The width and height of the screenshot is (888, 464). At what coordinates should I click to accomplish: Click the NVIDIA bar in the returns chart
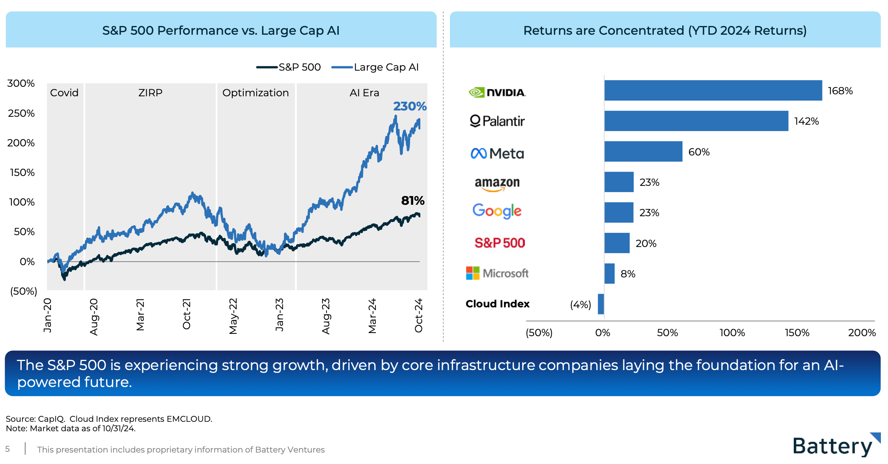(x=713, y=90)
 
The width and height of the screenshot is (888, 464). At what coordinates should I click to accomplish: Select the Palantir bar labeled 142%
(x=696, y=121)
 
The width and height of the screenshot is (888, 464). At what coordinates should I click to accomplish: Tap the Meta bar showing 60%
(x=643, y=152)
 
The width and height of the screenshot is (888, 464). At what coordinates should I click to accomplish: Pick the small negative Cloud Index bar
(x=601, y=304)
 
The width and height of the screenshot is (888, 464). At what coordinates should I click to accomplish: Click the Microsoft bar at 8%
(x=609, y=273)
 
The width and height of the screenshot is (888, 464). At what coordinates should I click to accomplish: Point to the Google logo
(x=497, y=211)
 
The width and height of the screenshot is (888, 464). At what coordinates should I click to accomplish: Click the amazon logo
(x=497, y=183)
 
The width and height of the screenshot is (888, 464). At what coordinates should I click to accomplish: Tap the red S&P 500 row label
(x=500, y=243)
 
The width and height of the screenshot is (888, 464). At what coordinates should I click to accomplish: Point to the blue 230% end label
(x=410, y=106)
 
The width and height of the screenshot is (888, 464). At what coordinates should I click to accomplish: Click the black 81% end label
(x=412, y=201)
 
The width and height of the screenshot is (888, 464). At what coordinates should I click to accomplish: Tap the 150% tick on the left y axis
(x=22, y=172)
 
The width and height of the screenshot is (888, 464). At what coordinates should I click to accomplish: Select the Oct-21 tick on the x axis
(x=187, y=314)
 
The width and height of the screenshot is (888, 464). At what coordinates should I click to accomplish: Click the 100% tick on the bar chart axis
(x=732, y=333)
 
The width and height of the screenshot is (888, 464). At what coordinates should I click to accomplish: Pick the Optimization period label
(x=256, y=93)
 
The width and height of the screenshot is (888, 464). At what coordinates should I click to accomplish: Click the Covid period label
(x=64, y=93)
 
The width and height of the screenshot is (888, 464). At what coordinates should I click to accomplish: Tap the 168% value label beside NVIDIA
(x=840, y=91)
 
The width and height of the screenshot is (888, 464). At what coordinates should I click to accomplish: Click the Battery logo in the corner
(x=836, y=446)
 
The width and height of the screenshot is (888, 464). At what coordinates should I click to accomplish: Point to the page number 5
(x=7, y=449)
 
